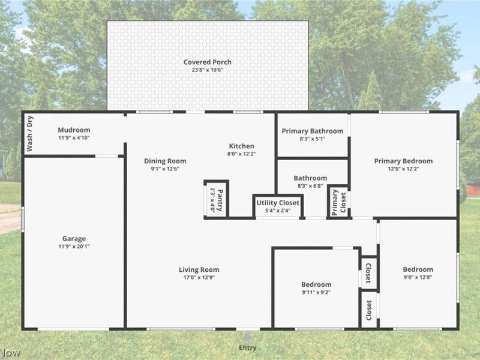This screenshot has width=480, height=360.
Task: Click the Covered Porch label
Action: [x=207, y=62]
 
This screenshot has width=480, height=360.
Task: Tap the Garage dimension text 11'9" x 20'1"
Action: [x=74, y=247]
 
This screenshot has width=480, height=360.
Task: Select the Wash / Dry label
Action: [x=29, y=133]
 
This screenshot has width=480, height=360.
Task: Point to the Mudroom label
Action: [x=74, y=130]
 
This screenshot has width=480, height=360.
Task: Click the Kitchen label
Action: [x=242, y=146]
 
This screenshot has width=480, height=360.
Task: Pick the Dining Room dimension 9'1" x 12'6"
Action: [x=165, y=169]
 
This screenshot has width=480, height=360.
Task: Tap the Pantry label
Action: [x=220, y=200]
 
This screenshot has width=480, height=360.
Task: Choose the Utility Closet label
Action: [x=278, y=203]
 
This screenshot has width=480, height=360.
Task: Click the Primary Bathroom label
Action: [x=313, y=131]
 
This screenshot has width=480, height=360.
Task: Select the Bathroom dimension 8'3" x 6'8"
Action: [x=310, y=186]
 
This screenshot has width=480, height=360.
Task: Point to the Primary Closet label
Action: [x=339, y=202]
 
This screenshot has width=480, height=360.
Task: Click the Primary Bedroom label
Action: [x=403, y=161]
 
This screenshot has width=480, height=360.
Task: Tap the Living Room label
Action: [x=199, y=269]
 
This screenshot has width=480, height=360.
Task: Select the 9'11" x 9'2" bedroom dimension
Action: [x=316, y=292]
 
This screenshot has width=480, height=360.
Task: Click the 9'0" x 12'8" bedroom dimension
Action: [x=418, y=277]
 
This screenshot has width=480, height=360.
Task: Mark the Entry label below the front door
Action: [x=248, y=348]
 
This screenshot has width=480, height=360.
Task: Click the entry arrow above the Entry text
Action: [x=247, y=337]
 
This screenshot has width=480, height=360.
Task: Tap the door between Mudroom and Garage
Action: [x=107, y=156]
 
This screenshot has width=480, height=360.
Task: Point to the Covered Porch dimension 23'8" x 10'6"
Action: [x=207, y=70]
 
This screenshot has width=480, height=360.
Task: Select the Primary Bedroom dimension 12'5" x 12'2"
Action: [x=403, y=169]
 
